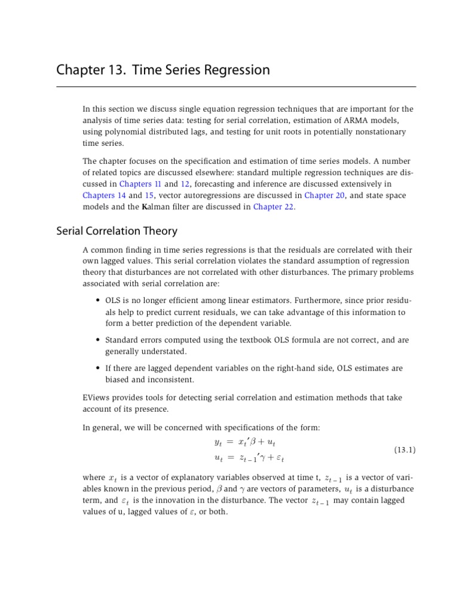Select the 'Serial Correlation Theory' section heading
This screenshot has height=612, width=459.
tap(117, 231)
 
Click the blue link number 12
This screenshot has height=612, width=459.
tap(185, 183)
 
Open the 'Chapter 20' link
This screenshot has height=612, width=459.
tap(325, 195)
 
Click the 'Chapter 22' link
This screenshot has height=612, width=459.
tap(274, 207)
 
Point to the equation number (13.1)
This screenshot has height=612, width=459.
tap(405, 449)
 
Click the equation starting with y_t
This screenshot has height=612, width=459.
tap(244, 442)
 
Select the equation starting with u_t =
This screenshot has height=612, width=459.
tap(244, 458)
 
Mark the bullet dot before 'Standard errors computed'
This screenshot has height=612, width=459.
tap(97, 340)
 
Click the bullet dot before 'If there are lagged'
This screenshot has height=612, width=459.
tap(97, 368)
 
